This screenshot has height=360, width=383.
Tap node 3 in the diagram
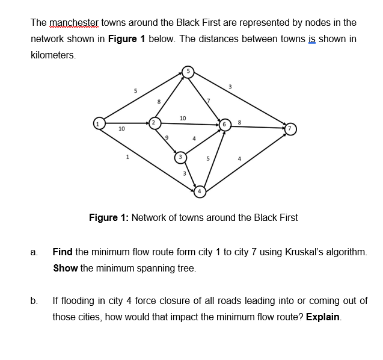[x=179, y=158]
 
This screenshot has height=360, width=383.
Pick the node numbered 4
[x=200, y=191]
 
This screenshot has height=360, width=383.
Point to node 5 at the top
[x=188, y=71]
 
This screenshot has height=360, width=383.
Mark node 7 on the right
[x=291, y=128]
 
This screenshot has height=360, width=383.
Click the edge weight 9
[x=168, y=138]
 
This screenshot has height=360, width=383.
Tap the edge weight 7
[x=208, y=99]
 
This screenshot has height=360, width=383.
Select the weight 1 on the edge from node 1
[x=127, y=158]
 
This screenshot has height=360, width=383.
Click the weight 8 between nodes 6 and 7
[x=240, y=122]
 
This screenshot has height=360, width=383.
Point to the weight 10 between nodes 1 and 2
[x=121, y=129]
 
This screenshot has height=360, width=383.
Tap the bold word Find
[x=63, y=252]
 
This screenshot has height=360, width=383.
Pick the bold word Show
[x=66, y=268]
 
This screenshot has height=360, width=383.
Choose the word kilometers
[x=53, y=55]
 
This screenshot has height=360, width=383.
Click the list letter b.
[x=34, y=300]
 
